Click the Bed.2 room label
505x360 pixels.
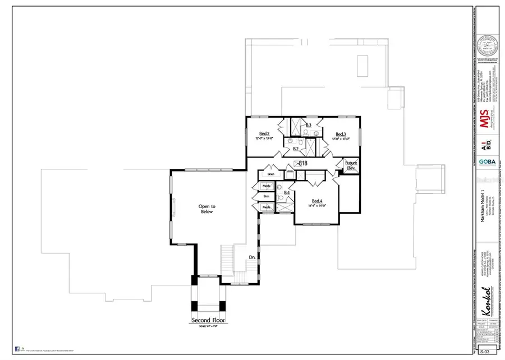[264, 133]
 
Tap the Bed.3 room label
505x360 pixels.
[340, 134]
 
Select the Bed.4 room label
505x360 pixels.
[317, 201]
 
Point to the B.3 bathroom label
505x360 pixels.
[309, 124]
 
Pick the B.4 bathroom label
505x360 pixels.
[287, 193]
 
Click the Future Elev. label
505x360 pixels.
[351, 165]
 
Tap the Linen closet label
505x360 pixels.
[270, 167]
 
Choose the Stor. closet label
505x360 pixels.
[267, 196]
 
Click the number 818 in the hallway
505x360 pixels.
[303, 163]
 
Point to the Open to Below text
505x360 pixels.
[207, 209]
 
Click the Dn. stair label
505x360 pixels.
[252, 257]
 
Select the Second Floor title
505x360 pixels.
[208, 321]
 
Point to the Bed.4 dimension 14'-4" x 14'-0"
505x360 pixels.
[317, 206]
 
